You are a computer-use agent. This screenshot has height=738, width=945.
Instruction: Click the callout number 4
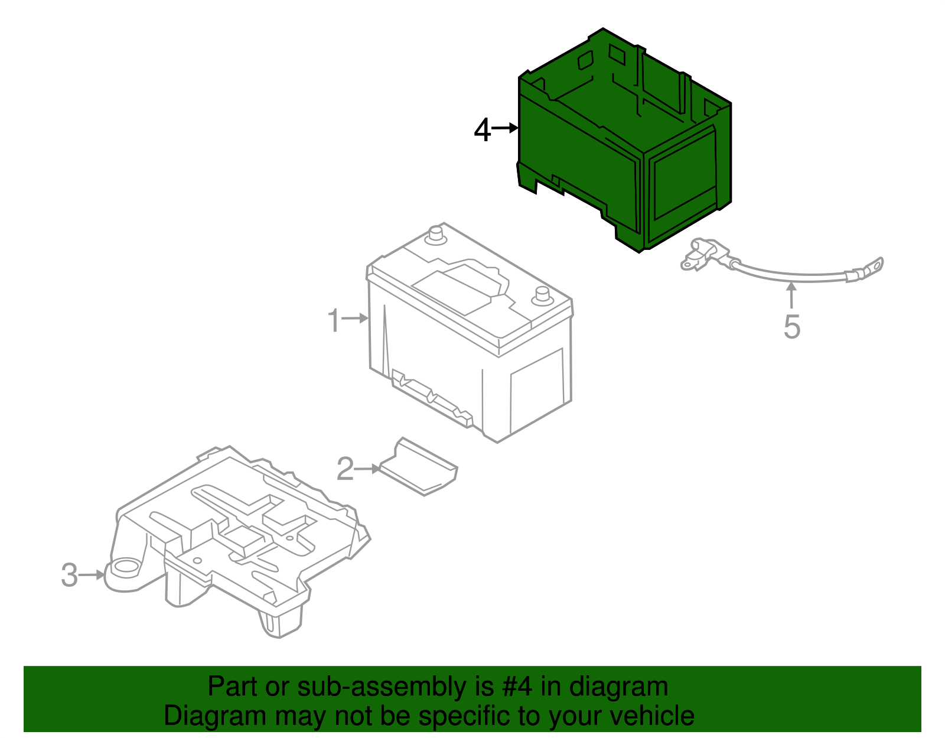point(482,130)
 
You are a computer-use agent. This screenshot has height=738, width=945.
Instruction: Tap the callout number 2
point(345,469)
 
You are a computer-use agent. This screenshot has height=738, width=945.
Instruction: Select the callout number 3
point(69,575)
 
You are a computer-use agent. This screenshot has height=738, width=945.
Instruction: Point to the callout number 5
point(791,327)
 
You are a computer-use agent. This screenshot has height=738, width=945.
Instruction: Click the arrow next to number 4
point(506,128)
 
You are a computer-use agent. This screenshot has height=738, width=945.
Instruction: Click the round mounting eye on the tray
point(125,569)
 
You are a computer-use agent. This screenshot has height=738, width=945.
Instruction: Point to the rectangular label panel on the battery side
point(536,390)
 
